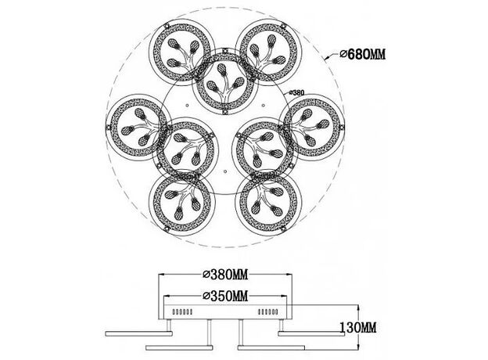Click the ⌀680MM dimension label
363,55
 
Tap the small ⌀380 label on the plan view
296,92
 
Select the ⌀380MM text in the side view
225,275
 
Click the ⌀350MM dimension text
225,296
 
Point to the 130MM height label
357,328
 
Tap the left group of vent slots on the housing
182,311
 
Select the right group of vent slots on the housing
268,311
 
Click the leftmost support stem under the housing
169,326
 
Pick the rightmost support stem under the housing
282,326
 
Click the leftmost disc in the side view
138,334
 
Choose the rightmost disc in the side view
311,334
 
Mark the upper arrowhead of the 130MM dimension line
359,308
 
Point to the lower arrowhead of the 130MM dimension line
359,347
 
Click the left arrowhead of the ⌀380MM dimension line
162,275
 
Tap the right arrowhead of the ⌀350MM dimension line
283,296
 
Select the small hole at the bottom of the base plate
225,171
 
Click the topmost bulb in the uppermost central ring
221,69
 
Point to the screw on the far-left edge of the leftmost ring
108,127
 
